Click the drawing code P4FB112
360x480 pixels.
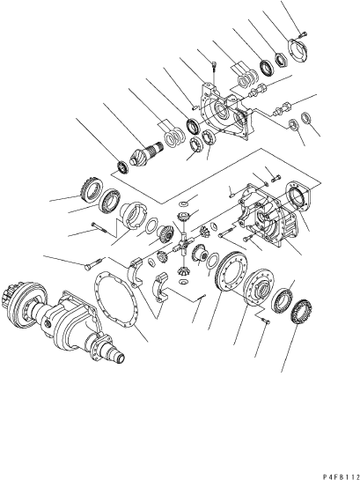pyautogui.click(x=341, y=476)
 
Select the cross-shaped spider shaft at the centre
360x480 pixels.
pyautogui.click(x=184, y=244)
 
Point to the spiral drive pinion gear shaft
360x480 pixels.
pyautogui.click(x=147, y=152)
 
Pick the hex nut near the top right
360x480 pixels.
pyautogui.click(x=281, y=60)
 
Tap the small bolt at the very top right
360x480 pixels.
pyautogui.click(x=302, y=34)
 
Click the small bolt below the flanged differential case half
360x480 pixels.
pyautogui.click(x=265, y=321)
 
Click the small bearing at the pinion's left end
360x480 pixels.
pyautogui.click(x=123, y=166)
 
